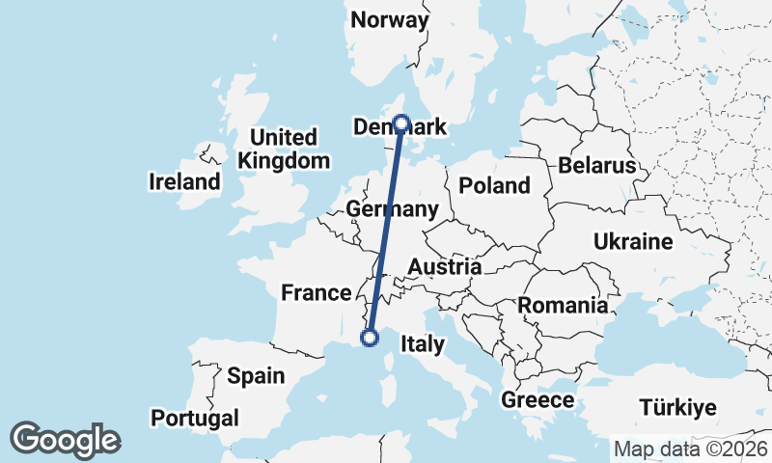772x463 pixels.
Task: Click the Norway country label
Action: [389, 20]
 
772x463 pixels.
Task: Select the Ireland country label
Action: [183, 181]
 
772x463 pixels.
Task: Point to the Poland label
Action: [494, 185]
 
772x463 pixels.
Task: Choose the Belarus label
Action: [596, 166]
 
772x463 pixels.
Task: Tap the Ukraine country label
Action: [633, 241]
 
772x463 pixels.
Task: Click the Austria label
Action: [445, 266]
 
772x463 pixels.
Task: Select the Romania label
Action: [564, 306]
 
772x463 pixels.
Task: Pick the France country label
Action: [315, 292]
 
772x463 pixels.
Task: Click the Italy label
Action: [422, 344]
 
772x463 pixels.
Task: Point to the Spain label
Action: [256, 375]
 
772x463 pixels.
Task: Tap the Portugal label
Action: [195, 418]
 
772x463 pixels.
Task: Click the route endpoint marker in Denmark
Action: [401, 124]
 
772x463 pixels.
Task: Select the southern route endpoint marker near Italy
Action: [369, 337]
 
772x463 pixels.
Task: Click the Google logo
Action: [65, 440]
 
